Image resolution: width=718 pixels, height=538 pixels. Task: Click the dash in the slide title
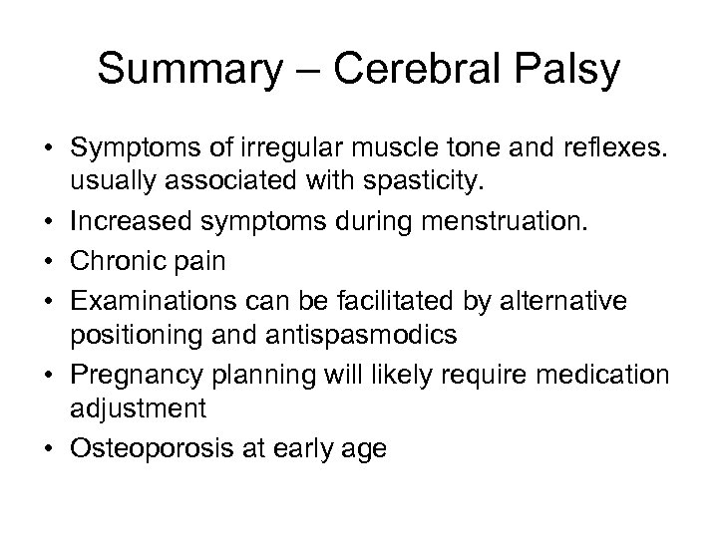pyautogui.click(x=297, y=73)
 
